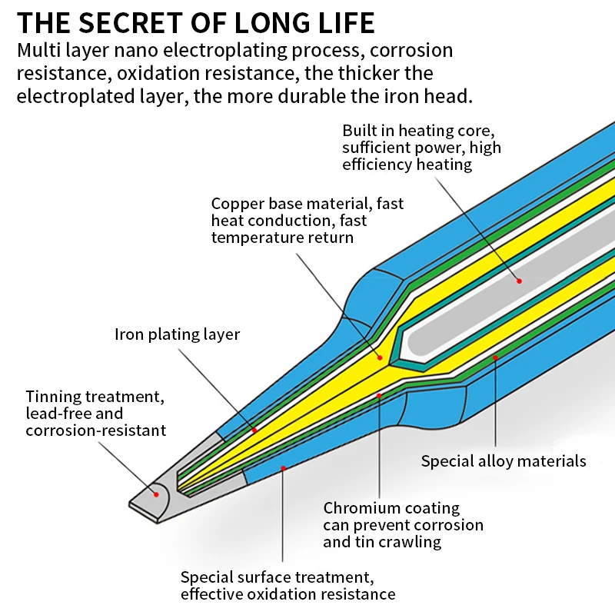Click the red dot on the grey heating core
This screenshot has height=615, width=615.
point(519,281)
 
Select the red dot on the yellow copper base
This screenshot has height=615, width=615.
point(378,357)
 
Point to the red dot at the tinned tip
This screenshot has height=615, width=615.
point(156,493)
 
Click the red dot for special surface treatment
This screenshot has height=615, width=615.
point(283,467)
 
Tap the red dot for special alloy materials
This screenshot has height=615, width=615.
point(496,357)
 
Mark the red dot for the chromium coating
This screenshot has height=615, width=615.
point(380,396)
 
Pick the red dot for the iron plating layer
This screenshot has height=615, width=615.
point(254,430)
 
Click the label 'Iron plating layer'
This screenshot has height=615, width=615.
point(177,334)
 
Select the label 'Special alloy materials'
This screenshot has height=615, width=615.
point(504,461)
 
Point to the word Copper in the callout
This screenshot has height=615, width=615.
point(236,204)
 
